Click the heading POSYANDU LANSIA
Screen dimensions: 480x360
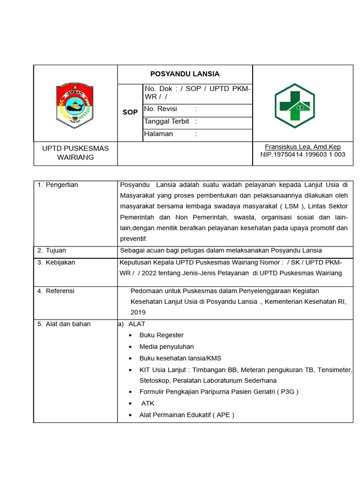coord(185,74)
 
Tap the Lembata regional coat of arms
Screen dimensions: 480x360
coord(75,105)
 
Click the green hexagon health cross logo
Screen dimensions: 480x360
coord(294,105)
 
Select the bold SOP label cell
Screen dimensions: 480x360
coord(130,112)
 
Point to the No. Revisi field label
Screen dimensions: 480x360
coord(161,109)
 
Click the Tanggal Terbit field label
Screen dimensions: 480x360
coord(167,121)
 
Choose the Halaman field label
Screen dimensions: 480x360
coord(159,134)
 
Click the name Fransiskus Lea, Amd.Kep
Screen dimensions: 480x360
coord(302,147)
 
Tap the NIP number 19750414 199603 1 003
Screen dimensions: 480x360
coord(302,154)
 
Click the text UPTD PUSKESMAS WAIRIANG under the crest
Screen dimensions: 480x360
coord(75,153)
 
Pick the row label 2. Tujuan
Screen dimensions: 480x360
coord(52,250)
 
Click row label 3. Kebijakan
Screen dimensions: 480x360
coord(56,262)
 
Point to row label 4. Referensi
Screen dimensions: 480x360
coord(56,291)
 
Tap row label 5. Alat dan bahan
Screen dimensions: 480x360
coord(64,324)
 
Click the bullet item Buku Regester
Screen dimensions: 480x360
coord(161,335)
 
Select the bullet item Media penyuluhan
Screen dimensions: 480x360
coord(166,347)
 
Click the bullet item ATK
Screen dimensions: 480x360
coord(148,404)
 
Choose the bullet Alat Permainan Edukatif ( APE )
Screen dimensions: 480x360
coord(187,415)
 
